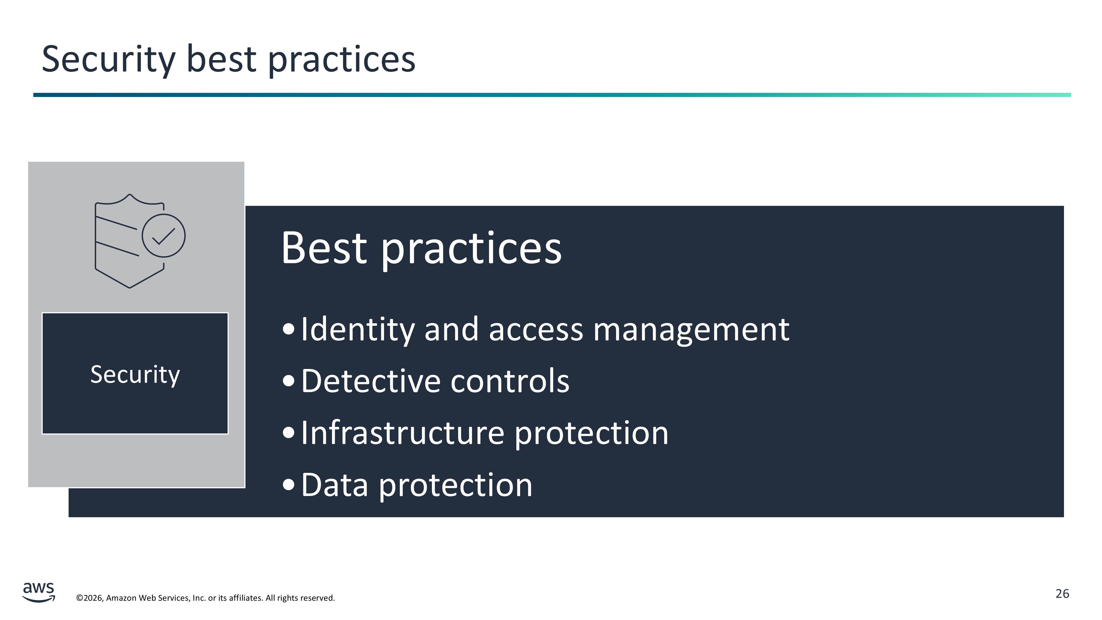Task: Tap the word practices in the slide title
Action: coord(342,60)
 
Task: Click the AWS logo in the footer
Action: coord(39,592)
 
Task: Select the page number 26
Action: coord(1062,594)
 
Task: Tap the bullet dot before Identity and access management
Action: coord(289,329)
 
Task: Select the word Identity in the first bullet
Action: coord(358,330)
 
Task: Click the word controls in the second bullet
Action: coord(510,381)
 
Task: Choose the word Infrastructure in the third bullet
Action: coord(403,433)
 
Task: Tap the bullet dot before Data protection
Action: coord(289,484)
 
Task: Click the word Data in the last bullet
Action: coord(334,485)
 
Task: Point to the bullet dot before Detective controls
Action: coord(289,381)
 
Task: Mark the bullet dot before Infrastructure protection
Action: coord(289,433)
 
